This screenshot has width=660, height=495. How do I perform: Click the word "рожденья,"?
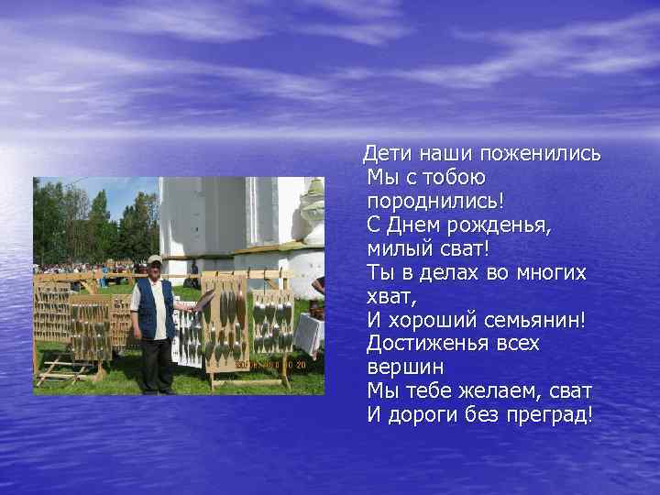[503, 224]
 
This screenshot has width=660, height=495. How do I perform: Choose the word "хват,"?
[391, 295]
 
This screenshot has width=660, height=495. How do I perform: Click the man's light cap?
[154, 259]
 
